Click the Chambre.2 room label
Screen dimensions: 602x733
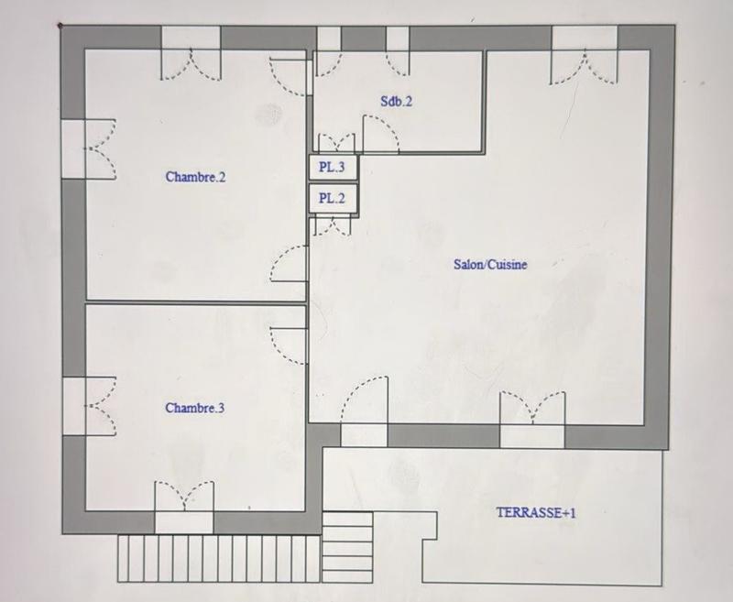[195, 177]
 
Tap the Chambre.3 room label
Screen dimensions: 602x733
[194, 408]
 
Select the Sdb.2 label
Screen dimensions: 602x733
[396, 102]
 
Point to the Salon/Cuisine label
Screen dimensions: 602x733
[490, 264]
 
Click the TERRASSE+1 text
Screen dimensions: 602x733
[536, 513]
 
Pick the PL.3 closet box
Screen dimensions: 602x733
[331, 168]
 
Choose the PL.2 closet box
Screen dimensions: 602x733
[331, 197]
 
